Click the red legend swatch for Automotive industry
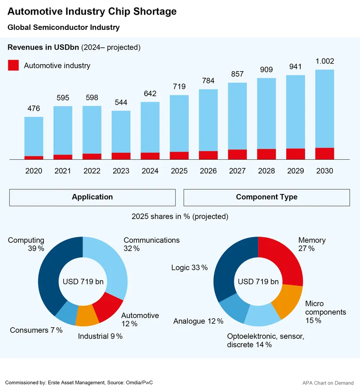(x=14, y=65)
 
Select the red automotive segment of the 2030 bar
(x=324, y=153)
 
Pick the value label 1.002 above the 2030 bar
(x=324, y=61)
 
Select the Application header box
(x=92, y=197)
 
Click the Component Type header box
(x=266, y=197)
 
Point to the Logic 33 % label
(x=189, y=267)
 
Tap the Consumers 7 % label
(x=36, y=330)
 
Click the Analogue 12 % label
(x=198, y=321)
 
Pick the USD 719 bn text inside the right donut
(x=258, y=281)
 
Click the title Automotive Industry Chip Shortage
(x=92, y=11)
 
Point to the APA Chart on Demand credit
(x=328, y=383)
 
